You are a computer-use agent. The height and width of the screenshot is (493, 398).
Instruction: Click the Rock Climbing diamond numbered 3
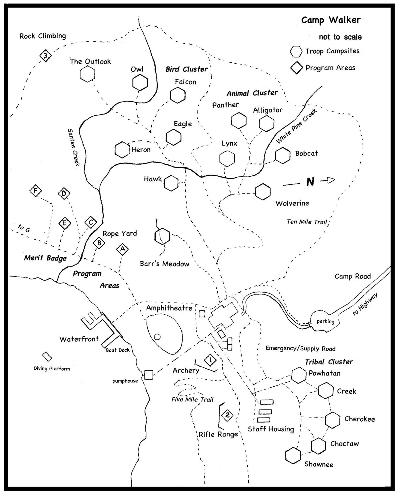click(45, 56)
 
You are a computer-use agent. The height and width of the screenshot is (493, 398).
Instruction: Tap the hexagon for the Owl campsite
click(140, 83)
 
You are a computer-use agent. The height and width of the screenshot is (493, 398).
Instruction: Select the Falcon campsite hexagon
click(178, 95)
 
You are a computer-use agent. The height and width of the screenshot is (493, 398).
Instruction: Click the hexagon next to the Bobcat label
click(283, 155)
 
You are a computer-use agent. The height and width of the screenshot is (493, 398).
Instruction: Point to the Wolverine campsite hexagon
click(263, 192)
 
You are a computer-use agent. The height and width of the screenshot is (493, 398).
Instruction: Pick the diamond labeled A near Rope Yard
click(122, 249)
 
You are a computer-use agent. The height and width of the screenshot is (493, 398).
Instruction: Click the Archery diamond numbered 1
click(210, 360)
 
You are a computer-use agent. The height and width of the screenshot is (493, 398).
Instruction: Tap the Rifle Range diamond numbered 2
click(227, 415)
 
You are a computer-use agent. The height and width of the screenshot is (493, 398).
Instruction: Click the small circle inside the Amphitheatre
click(157, 337)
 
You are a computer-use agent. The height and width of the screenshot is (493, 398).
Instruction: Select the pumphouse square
click(149, 375)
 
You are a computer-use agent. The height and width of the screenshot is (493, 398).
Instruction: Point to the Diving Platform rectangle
click(47, 357)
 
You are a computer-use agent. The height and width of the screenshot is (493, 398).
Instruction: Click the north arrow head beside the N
click(330, 180)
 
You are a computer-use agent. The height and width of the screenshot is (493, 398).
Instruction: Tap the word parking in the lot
click(325, 322)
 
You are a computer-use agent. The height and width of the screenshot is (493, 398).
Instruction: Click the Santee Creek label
click(73, 148)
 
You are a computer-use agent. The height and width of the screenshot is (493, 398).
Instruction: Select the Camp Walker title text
click(331, 20)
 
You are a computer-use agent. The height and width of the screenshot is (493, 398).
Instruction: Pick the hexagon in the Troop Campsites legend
click(296, 51)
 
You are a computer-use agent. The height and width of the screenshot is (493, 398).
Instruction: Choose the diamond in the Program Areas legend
click(296, 68)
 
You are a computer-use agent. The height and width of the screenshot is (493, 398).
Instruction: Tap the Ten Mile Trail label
click(307, 222)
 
